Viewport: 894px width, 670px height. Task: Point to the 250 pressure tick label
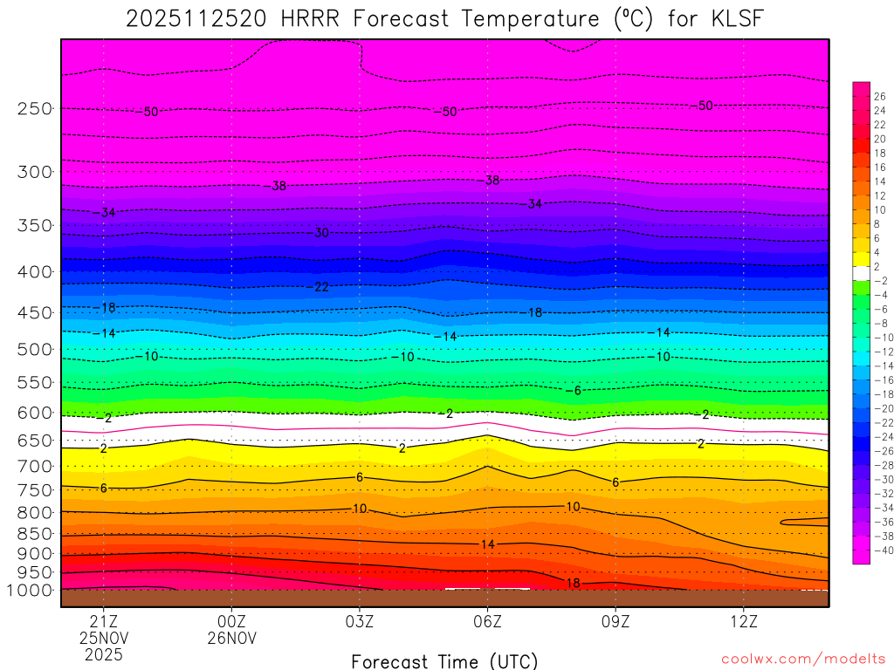click(34, 108)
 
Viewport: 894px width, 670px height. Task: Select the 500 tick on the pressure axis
click(34, 349)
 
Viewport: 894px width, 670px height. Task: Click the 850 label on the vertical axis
click(34, 533)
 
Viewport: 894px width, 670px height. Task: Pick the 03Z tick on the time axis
click(360, 623)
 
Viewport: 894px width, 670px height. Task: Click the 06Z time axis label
click(487, 623)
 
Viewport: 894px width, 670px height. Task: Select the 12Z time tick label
click(743, 623)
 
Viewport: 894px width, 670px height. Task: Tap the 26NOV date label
click(231, 639)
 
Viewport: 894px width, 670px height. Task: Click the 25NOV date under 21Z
click(104, 639)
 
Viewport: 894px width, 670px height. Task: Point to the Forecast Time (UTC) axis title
click(444, 660)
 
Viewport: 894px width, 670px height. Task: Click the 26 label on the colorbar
click(879, 97)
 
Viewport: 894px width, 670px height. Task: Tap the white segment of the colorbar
click(861, 273)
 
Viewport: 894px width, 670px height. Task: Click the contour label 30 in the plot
click(321, 233)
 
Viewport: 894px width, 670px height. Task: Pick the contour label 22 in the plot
click(321, 286)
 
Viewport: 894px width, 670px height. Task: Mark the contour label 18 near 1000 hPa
click(573, 583)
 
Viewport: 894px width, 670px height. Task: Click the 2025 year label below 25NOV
click(104, 654)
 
